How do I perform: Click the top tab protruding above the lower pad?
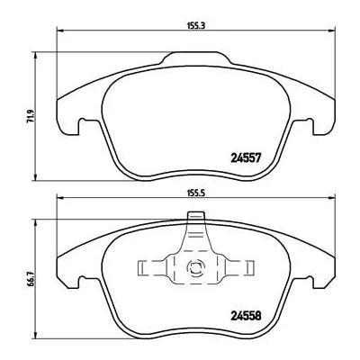194,217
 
